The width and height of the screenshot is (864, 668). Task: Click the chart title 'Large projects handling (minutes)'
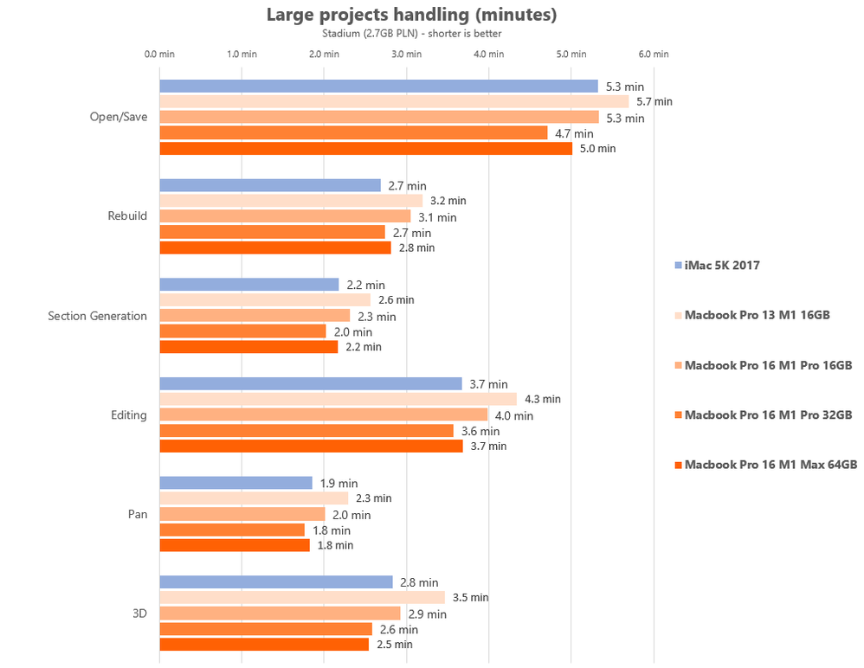tap(411, 15)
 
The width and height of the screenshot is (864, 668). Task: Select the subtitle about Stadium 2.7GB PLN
tap(411, 34)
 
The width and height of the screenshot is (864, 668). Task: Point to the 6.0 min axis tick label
tap(654, 54)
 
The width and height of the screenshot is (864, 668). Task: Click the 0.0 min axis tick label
tap(159, 54)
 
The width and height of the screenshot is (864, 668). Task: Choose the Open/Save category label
tap(119, 117)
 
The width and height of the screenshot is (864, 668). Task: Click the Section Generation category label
tap(98, 316)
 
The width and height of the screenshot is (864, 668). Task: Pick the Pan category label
tap(137, 514)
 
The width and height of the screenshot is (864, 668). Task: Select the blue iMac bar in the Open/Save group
tap(378, 86)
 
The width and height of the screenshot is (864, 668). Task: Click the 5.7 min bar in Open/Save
tap(394, 101)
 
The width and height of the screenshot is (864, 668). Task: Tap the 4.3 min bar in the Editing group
tap(338, 399)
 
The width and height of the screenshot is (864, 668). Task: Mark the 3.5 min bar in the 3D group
tap(302, 597)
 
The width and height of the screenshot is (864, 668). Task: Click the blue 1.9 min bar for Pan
tap(235, 483)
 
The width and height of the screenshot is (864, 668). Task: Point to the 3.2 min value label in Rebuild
tap(448, 201)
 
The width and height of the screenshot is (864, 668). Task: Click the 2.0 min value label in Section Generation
tap(354, 331)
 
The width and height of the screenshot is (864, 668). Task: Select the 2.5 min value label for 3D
tap(394, 645)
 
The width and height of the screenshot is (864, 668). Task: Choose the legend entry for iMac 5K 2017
tap(721, 266)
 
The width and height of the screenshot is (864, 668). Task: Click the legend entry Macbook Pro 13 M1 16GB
tap(756, 315)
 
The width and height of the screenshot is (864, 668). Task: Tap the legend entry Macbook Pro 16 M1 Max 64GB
tap(770, 465)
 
